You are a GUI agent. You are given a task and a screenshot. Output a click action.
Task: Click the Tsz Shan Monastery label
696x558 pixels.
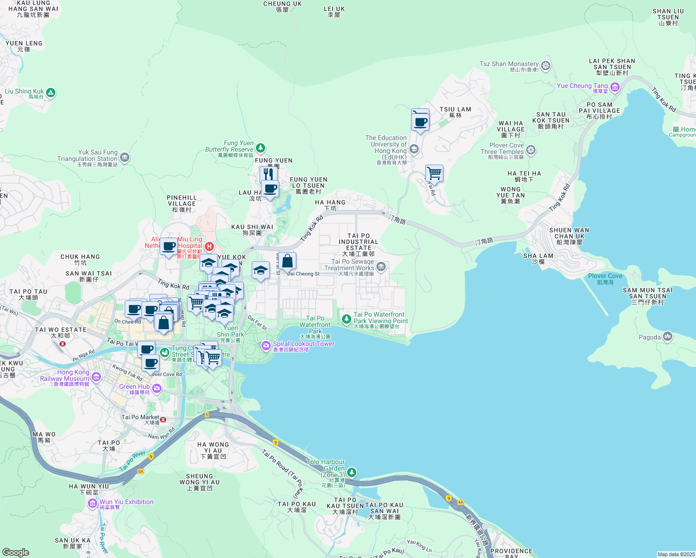[509, 64]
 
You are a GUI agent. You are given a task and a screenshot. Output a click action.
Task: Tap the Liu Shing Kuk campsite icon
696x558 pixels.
[51, 93]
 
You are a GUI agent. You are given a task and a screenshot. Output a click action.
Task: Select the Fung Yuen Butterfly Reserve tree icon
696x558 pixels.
[261, 148]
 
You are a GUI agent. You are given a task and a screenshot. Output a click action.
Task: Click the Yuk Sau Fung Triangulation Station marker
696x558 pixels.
[125, 158]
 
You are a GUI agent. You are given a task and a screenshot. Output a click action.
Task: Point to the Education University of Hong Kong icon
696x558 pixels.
[414, 149]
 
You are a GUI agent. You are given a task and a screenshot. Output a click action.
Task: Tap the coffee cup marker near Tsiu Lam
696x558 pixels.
[421, 121]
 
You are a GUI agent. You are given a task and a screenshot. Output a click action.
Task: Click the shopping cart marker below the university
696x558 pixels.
[434, 173]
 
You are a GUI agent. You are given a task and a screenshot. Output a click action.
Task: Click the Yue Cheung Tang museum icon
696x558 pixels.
[615, 87]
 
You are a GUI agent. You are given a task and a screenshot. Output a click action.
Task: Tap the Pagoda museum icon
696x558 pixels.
[668, 336]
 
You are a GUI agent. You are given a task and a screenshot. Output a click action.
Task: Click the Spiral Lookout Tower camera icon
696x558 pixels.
[266, 345]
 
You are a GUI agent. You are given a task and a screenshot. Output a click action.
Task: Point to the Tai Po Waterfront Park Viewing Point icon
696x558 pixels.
[346, 319]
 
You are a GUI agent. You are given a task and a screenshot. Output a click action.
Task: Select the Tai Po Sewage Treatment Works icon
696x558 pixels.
[381, 266]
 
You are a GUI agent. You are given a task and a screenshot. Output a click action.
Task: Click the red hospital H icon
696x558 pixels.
[209, 246]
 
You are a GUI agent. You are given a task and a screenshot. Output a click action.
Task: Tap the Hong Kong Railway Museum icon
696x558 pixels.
[96, 377]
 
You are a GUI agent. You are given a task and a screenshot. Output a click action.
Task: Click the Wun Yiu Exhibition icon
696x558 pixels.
[93, 503]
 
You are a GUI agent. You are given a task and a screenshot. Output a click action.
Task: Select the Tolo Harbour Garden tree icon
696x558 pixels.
[352, 472]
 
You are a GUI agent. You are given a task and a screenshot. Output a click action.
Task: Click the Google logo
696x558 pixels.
[16, 552]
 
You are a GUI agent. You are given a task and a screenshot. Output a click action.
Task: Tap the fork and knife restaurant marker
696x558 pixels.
[268, 174]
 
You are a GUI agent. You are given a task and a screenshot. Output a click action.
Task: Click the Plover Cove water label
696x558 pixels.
[605, 276]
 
